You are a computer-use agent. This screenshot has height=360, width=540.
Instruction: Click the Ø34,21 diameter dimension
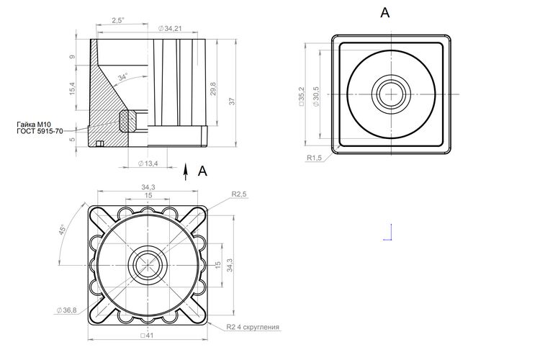tap(170, 29)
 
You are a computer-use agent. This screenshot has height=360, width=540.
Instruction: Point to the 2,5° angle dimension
tap(118, 20)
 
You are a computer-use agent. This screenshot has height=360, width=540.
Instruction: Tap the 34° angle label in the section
tap(122, 77)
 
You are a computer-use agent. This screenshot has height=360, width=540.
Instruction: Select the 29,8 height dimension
tap(213, 89)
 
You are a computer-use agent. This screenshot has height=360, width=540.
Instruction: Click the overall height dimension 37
tap(232, 102)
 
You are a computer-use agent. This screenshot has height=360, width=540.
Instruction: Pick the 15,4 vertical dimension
tap(72, 89)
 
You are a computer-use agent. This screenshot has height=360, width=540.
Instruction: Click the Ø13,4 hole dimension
tap(148, 163)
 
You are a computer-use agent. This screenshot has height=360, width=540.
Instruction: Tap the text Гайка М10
tap(34, 125)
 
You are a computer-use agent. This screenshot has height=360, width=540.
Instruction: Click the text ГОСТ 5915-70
tap(40, 131)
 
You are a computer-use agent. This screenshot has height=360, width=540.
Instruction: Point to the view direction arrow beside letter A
tap(186, 171)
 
